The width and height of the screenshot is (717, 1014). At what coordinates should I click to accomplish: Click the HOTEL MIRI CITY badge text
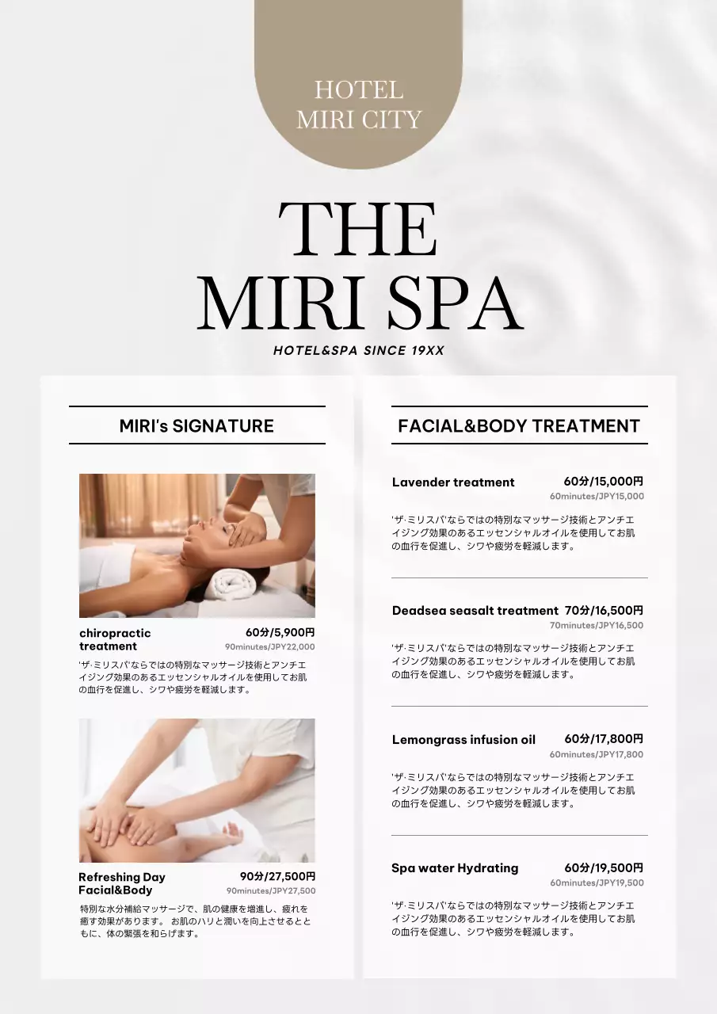point(358,105)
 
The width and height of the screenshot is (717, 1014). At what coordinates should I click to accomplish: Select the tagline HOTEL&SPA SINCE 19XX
point(358,350)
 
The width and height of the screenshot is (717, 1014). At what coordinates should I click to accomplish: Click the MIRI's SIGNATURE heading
point(196,426)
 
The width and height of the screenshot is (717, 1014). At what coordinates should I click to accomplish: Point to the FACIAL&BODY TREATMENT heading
point(519,426)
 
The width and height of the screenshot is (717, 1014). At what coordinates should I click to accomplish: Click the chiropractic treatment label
point(115,639)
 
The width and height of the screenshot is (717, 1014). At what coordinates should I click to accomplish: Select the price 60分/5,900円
point(280,632)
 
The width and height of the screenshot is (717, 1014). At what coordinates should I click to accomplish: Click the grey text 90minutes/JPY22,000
point(270,647)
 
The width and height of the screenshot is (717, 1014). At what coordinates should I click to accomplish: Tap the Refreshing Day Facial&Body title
point(122,883)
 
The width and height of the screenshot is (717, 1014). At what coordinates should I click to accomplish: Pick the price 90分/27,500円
point(277,876)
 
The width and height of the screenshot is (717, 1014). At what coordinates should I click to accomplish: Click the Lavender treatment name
point(453,482)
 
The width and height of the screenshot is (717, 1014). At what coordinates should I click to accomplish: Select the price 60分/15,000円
point(604,481)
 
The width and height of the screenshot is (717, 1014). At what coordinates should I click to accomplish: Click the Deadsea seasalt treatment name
point(475,611)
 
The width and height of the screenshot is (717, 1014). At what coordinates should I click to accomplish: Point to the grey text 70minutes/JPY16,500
point(597,625)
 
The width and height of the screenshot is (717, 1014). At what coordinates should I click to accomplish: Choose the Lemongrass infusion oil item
point(463,740)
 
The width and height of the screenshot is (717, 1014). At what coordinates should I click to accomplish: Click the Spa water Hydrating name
point(455,868)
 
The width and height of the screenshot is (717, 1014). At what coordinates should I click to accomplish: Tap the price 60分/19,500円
point(604,867)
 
